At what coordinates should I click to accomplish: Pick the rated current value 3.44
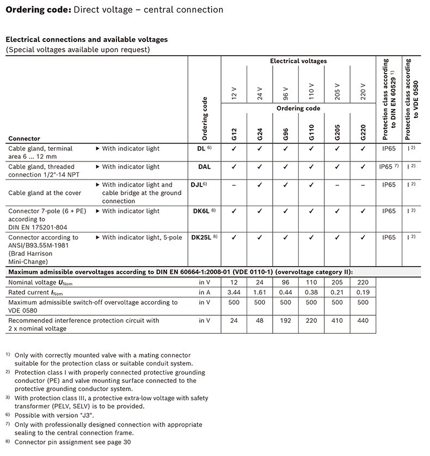(234, 292)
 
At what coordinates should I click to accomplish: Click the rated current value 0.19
(363, 292)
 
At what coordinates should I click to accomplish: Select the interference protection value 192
(286, 321)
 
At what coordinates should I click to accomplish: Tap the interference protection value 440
(363, 321)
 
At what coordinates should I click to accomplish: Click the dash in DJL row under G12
(234, 185)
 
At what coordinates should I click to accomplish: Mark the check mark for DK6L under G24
(260, 211)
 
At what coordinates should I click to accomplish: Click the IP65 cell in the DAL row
(389, 167)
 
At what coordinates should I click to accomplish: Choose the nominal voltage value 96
(286, 283)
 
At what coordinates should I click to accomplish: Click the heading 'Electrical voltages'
(298, 61)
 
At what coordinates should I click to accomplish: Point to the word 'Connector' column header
(24, 139)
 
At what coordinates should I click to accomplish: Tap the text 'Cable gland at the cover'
(45, 193)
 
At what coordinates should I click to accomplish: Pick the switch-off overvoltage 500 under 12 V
(234, 302)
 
